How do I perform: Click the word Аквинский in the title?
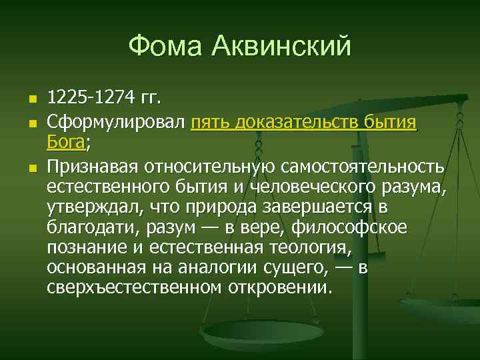click(281, 47)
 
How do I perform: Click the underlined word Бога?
click(67, 143)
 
